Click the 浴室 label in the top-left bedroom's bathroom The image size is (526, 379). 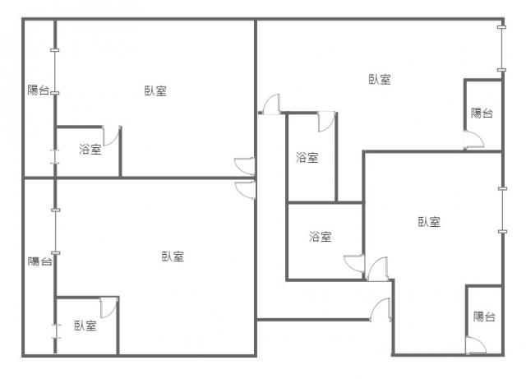pyautogui.click(x=90, y=150)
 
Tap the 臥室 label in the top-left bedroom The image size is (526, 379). pyautogui.click(x=155, y=90)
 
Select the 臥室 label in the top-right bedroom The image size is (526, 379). pyautogui.click(x=380, y=80)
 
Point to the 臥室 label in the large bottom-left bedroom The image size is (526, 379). pyautogui.click(x=173, y=257)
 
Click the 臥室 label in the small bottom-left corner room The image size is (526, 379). pyautogui.click(x=85, y=326)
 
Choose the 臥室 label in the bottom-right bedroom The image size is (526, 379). pyautogui.click(x=429, y=222)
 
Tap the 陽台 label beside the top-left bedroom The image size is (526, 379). pyautogui.click(x=39, y=90)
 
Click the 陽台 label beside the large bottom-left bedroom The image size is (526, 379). pyautogui.click(x=40, y=261)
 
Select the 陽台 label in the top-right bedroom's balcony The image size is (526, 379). pyautogui.click(x=482, y=113)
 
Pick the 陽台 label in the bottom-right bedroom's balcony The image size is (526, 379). pyautogui.click(x=484, y=317)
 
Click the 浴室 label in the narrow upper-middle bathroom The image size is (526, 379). pyautogui.click(x=307, y=158)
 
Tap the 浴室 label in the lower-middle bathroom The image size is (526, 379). pyautogui.click(x=321, y=237)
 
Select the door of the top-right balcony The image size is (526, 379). pyautogui.click(x=473, y=140)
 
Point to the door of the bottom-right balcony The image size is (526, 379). pyautogui.click(x=476, y=344)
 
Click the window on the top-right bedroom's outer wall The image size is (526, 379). pyautogui.click(x=501, y=49)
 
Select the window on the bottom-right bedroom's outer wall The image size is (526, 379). pyautogui.click(x=502, y=210)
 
